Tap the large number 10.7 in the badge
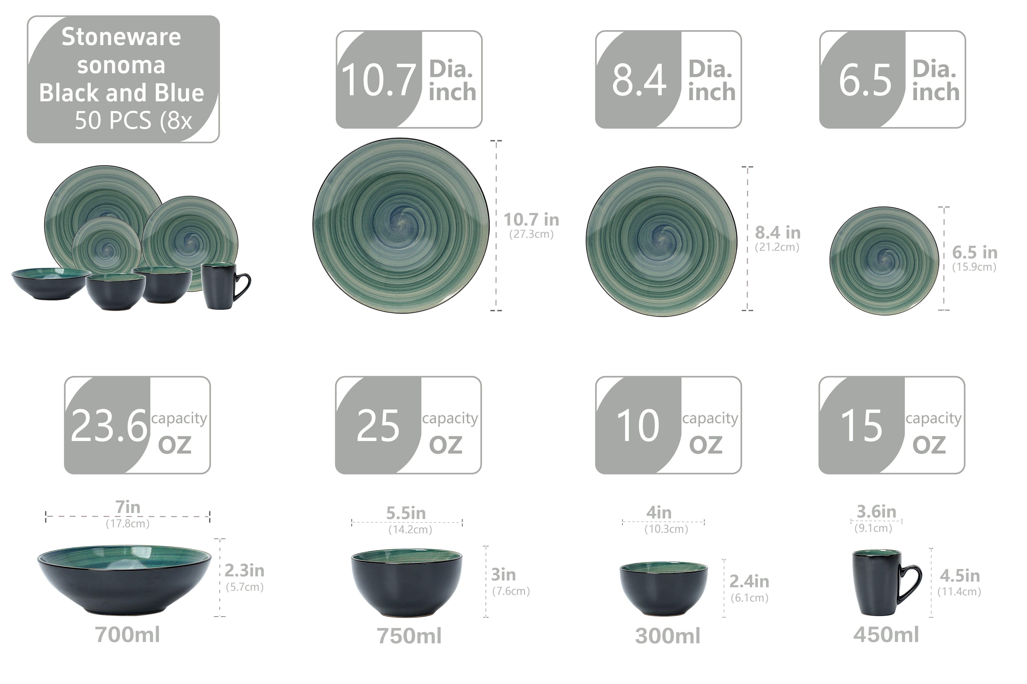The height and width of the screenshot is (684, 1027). pyautogui.click(x=378, y=80)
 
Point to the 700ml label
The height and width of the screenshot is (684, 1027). pyautogui.click(x=127, y=635)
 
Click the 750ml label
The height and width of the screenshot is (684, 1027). pyautogui.click(x=409, y=636)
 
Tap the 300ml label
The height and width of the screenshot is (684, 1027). pyautogui.click(x=668, y=636)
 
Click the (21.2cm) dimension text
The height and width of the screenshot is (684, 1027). pyautogui.click(x=777, y=247)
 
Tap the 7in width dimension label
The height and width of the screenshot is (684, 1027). pyautogui.click(x=127, y=507)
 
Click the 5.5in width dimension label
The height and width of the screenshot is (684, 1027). pyautogui.click(x=406, y=513)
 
